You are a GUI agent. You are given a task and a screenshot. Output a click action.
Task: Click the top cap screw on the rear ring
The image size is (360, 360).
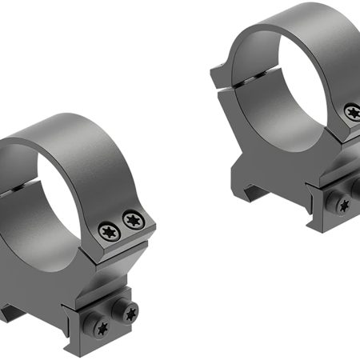click(352, 113)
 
